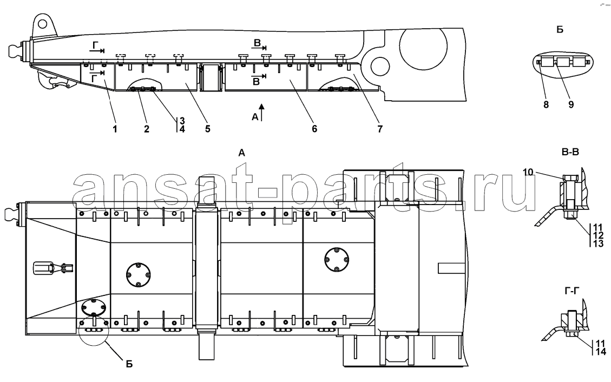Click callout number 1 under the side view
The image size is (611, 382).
(x=115, y=129)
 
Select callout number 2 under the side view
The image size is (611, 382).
(x=147, y=129)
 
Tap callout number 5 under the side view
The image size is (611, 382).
(x=208, y=129)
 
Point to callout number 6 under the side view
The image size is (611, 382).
(x=314, y=129)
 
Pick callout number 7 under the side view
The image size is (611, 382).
(x=380, y=129)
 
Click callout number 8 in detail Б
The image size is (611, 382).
(x=546, y=105)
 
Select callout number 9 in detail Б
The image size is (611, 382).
(x=571, y=105)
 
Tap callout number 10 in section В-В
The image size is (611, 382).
(x=528, y=172)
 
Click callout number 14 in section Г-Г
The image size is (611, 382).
(x=601, y=352)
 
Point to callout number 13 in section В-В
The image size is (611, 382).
(x=598, y=244)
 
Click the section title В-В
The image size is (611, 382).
(x=570, y=152)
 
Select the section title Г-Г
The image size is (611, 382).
(x=572, y=290)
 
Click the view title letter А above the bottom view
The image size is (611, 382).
(x=241, y=154)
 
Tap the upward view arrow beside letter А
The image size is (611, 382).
(x=262, y=112)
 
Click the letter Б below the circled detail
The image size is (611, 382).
(x=129, y=364)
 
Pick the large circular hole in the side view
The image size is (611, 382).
(x=424, y=48)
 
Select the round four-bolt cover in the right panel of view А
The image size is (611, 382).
(x=337, y=260)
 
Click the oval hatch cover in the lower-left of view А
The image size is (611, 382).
(x=93, y=308)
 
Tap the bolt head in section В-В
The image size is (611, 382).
(x=569, y=180)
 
